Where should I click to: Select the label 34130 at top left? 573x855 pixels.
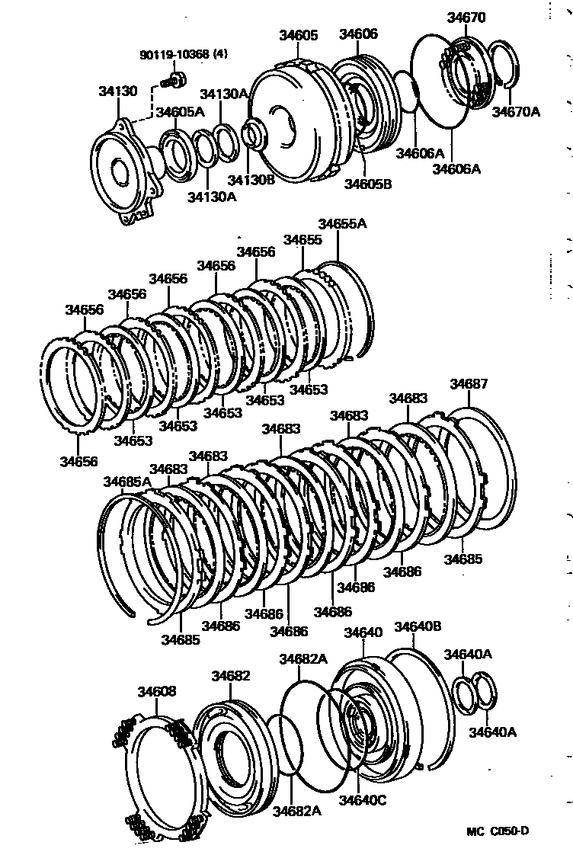(117, 91)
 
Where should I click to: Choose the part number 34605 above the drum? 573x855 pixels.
(298, 35)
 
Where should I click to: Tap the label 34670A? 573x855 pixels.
(515, 112)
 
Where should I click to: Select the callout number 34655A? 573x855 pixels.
(342, 223)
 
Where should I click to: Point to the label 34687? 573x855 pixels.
(468, 384)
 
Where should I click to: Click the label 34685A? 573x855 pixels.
(127, 481)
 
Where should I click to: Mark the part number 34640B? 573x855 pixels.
(418, 627)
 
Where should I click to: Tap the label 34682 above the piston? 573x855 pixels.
(231, 676)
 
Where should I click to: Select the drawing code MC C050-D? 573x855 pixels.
(498, 830)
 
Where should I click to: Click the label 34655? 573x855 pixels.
(303, 239)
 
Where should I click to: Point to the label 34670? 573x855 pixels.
(466, 18)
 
